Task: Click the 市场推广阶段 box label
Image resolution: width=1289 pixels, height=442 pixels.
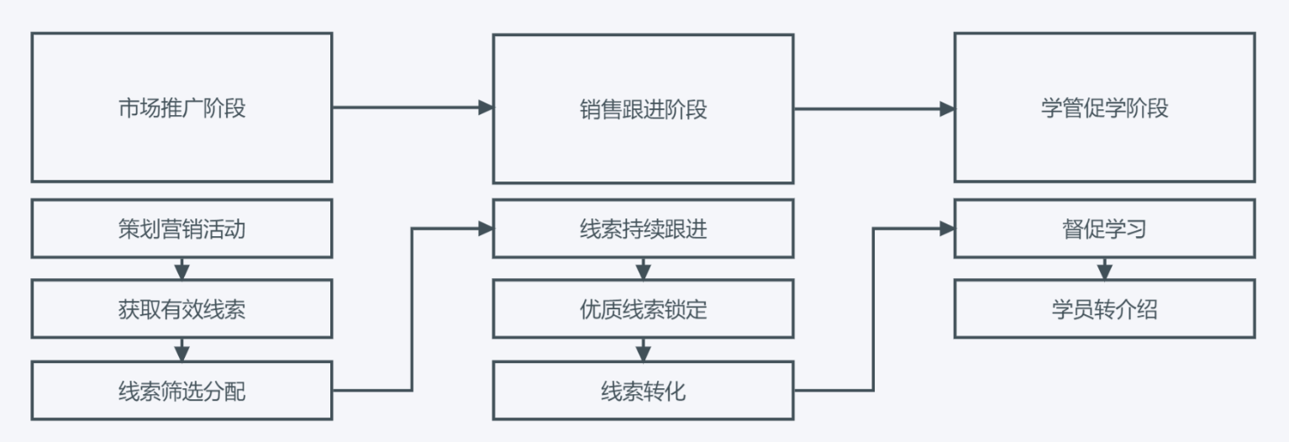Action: pyautogui.click(x=182, y=108)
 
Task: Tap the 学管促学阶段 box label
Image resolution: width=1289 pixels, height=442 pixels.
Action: pyautogui.click(x=1104, y=108)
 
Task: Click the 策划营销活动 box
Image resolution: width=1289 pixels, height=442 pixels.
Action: pyautogui.click(x=182, y=229)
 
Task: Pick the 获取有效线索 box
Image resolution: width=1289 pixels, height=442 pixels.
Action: pyautogui.click(x=182, y=309)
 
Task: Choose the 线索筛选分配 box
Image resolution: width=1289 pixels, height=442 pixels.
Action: pyautogui.click(x=182, y=391)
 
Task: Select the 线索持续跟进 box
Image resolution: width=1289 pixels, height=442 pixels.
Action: pyautogui.click(x=643, y=229)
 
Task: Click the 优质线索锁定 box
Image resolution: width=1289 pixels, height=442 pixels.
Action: pyautogui.click(x=643, y=309)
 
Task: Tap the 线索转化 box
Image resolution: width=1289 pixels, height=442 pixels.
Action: pyautogui.click(x=643, y=391)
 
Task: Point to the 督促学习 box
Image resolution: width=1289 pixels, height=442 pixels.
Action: pyautogui.click(x=1104, y=229)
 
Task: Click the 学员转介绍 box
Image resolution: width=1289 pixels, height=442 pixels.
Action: pyautogui.click(x=1104, y=309)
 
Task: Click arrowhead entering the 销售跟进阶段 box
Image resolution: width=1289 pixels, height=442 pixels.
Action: pyautogui.click(x=485, y=108)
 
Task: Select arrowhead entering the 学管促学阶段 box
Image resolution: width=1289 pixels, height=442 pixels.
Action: pyautogui.click(x=947, y=108)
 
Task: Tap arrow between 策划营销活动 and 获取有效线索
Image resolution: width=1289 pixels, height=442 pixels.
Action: pyautogui.click(x=182, y=269)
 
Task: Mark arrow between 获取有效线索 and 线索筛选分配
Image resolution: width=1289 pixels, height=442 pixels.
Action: pyautogui.click(x=182, y=350)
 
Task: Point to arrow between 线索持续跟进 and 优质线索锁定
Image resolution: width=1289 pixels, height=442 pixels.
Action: pyautogui.click(x=643, y=269)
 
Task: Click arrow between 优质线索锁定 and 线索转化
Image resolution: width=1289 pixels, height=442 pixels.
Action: pyautogui.click(x=643, y=350)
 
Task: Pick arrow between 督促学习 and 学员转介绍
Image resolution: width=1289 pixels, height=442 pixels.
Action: pyautogui.click(x=1104, y=269)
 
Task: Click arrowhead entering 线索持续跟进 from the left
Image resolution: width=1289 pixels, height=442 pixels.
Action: pyautogui.click(x=485, y=228)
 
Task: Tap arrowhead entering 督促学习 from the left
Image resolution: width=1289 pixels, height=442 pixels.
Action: pyautogui.click(x=947, y=228)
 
